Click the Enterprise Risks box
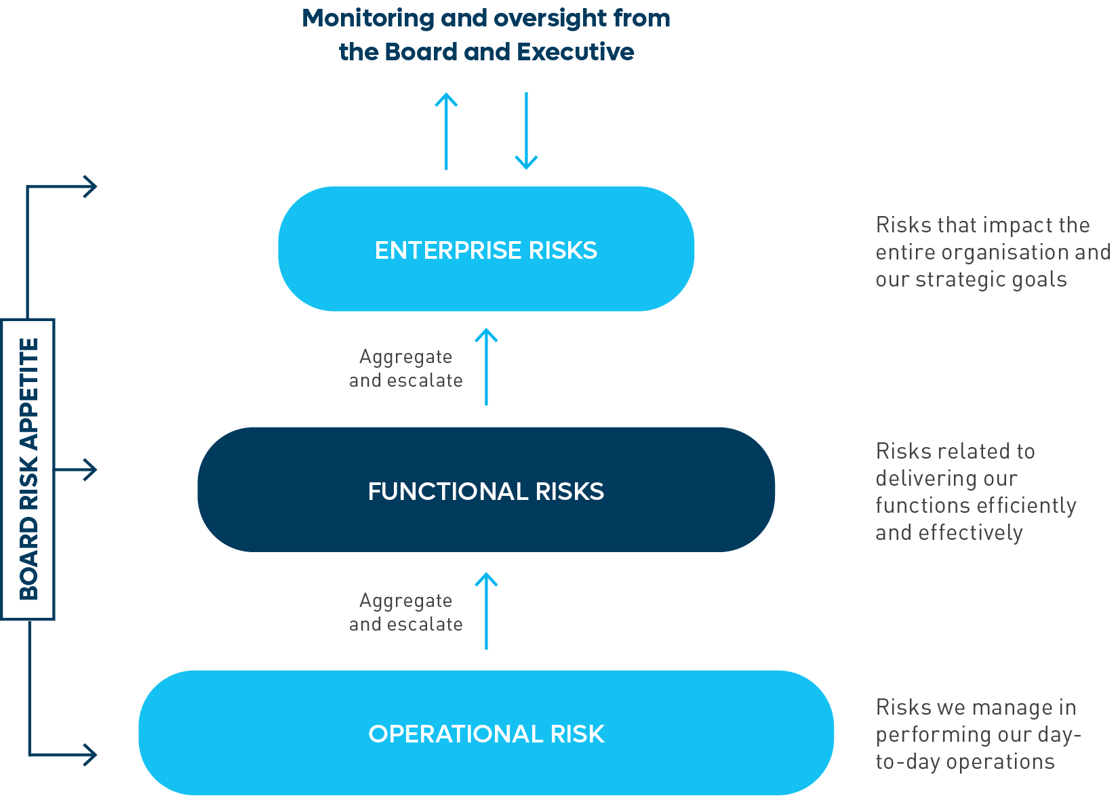click(486, 249)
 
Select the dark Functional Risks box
click(486, 490)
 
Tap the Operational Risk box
click(486, 733)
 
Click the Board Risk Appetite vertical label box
click(28, 469)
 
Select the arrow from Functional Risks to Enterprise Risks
click(486, 366)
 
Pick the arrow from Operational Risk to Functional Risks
click(486, 610)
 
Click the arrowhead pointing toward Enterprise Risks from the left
click(89, 186)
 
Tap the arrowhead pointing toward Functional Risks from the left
click(89, 469)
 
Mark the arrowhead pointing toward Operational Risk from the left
click(89, 754)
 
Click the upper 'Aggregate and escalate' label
click(405, 369)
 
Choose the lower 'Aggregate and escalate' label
click(405, 612)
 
